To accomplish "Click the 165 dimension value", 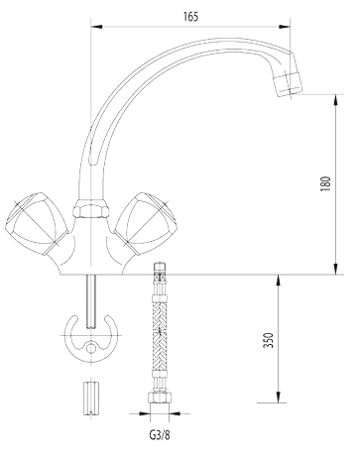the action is point(191,17).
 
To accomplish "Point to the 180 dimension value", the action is point(325,184).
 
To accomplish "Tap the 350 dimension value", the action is point(269,340).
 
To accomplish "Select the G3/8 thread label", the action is point(160,435).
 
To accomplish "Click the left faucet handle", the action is point(37,225).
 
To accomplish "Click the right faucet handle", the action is point(146,225).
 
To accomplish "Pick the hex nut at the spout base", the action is point(90,210).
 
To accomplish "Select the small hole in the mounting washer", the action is point(90,348).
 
